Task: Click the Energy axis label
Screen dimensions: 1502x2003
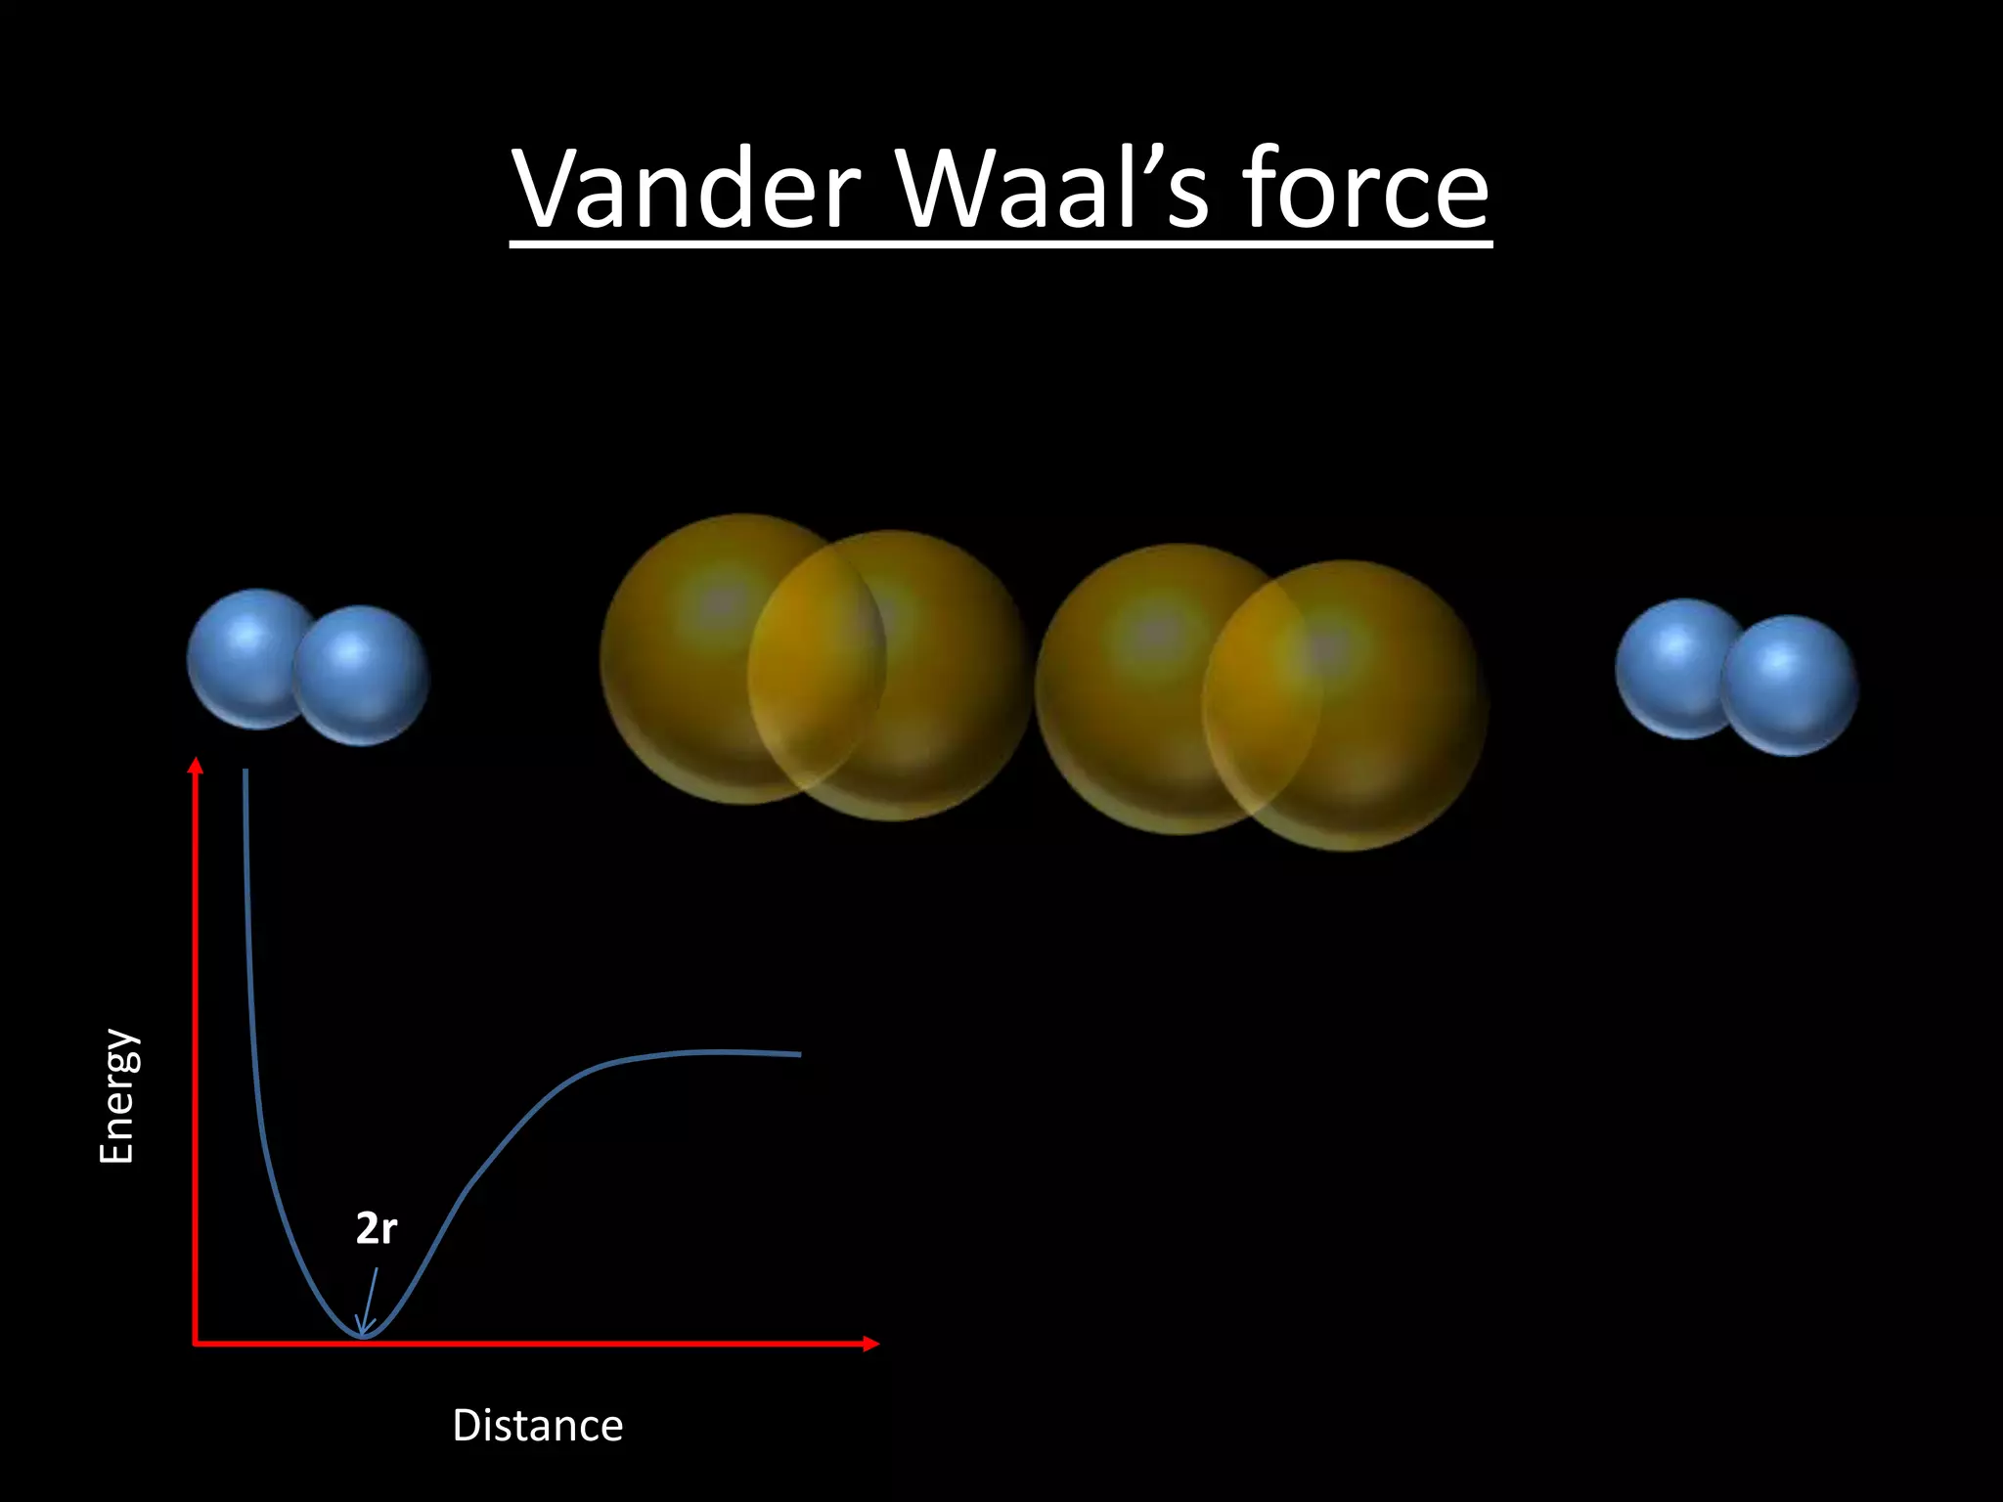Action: (117, 1095)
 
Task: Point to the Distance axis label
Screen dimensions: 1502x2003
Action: (537, 1426)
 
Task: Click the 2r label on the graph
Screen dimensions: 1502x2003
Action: (376, 1228)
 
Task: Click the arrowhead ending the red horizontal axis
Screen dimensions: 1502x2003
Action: (871, 1344)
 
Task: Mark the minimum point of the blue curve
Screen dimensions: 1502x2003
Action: (363, 1336)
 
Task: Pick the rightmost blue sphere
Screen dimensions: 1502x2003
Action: (1790, 685)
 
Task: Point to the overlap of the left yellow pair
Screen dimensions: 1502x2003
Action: (817, 675)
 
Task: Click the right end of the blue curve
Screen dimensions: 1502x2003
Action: (799, 1054)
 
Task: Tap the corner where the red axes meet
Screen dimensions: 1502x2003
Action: (196, 1344)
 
